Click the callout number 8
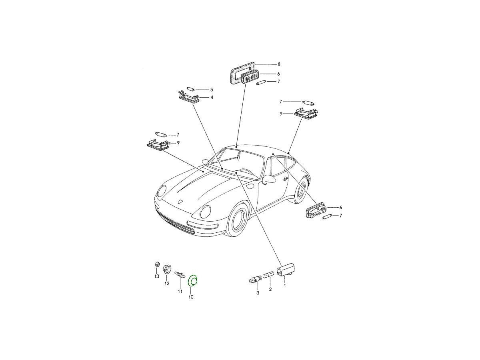pos(279,64)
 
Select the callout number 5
pos(212,90)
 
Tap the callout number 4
pos(212,97)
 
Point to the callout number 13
pos(156,276)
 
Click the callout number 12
pos(167,284)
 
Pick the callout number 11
pos(180,291)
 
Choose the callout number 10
pos(191,297)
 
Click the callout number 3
pos(258,293)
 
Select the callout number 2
pos(270,289)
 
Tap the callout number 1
pos(285,286)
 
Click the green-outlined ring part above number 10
pos(189,281)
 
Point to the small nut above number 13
pos(156,264)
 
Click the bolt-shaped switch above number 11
pos(180,274)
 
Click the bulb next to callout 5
pos(191,89)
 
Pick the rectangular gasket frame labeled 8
pos(232,72)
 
